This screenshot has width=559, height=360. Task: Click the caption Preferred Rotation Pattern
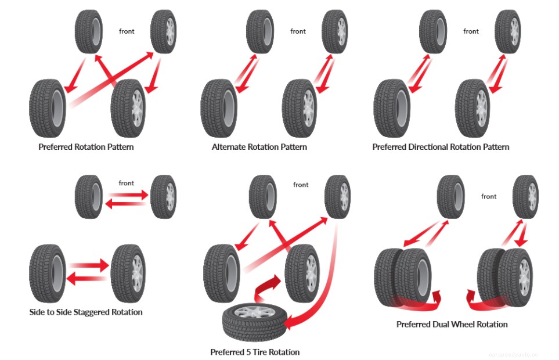pos(86,147)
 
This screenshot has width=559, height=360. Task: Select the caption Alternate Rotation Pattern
pos(259,147)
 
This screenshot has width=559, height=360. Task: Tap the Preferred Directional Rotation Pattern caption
pos(441,147)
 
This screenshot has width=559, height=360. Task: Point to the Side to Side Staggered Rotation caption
pos(86,312)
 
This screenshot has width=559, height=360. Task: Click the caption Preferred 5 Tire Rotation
pos(255,352)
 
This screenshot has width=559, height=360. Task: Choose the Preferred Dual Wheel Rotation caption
pos(452,324)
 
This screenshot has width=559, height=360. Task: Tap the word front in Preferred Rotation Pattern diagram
pos(127,31)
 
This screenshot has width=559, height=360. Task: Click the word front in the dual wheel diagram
pos(489,196)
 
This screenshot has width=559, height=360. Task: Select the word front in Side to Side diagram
pos(127,183)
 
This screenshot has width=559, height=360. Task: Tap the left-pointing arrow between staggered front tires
pos(125,204)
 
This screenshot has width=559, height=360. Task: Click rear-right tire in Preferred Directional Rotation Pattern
pos(473,108)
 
